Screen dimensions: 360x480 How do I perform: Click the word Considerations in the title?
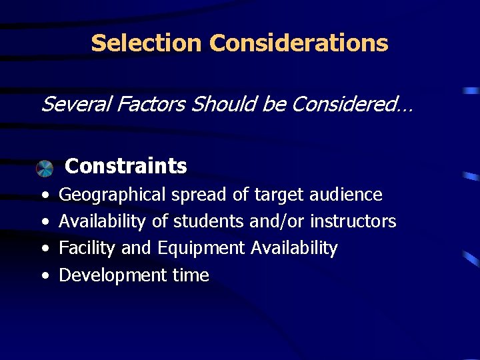pyautogui.click(x=298, y=43)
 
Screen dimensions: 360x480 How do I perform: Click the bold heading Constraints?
pyautogui.click(x=126, y=165)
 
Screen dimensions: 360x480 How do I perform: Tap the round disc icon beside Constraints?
pyautogui.click(x=45, y=168)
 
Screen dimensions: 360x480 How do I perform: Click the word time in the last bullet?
pyautogui.click(x=191, y=275)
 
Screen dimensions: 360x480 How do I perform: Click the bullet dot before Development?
pyautogui.click(x=43, y=276)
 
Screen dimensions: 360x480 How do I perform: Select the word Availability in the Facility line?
pyautogui.click(x=294, y=248)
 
